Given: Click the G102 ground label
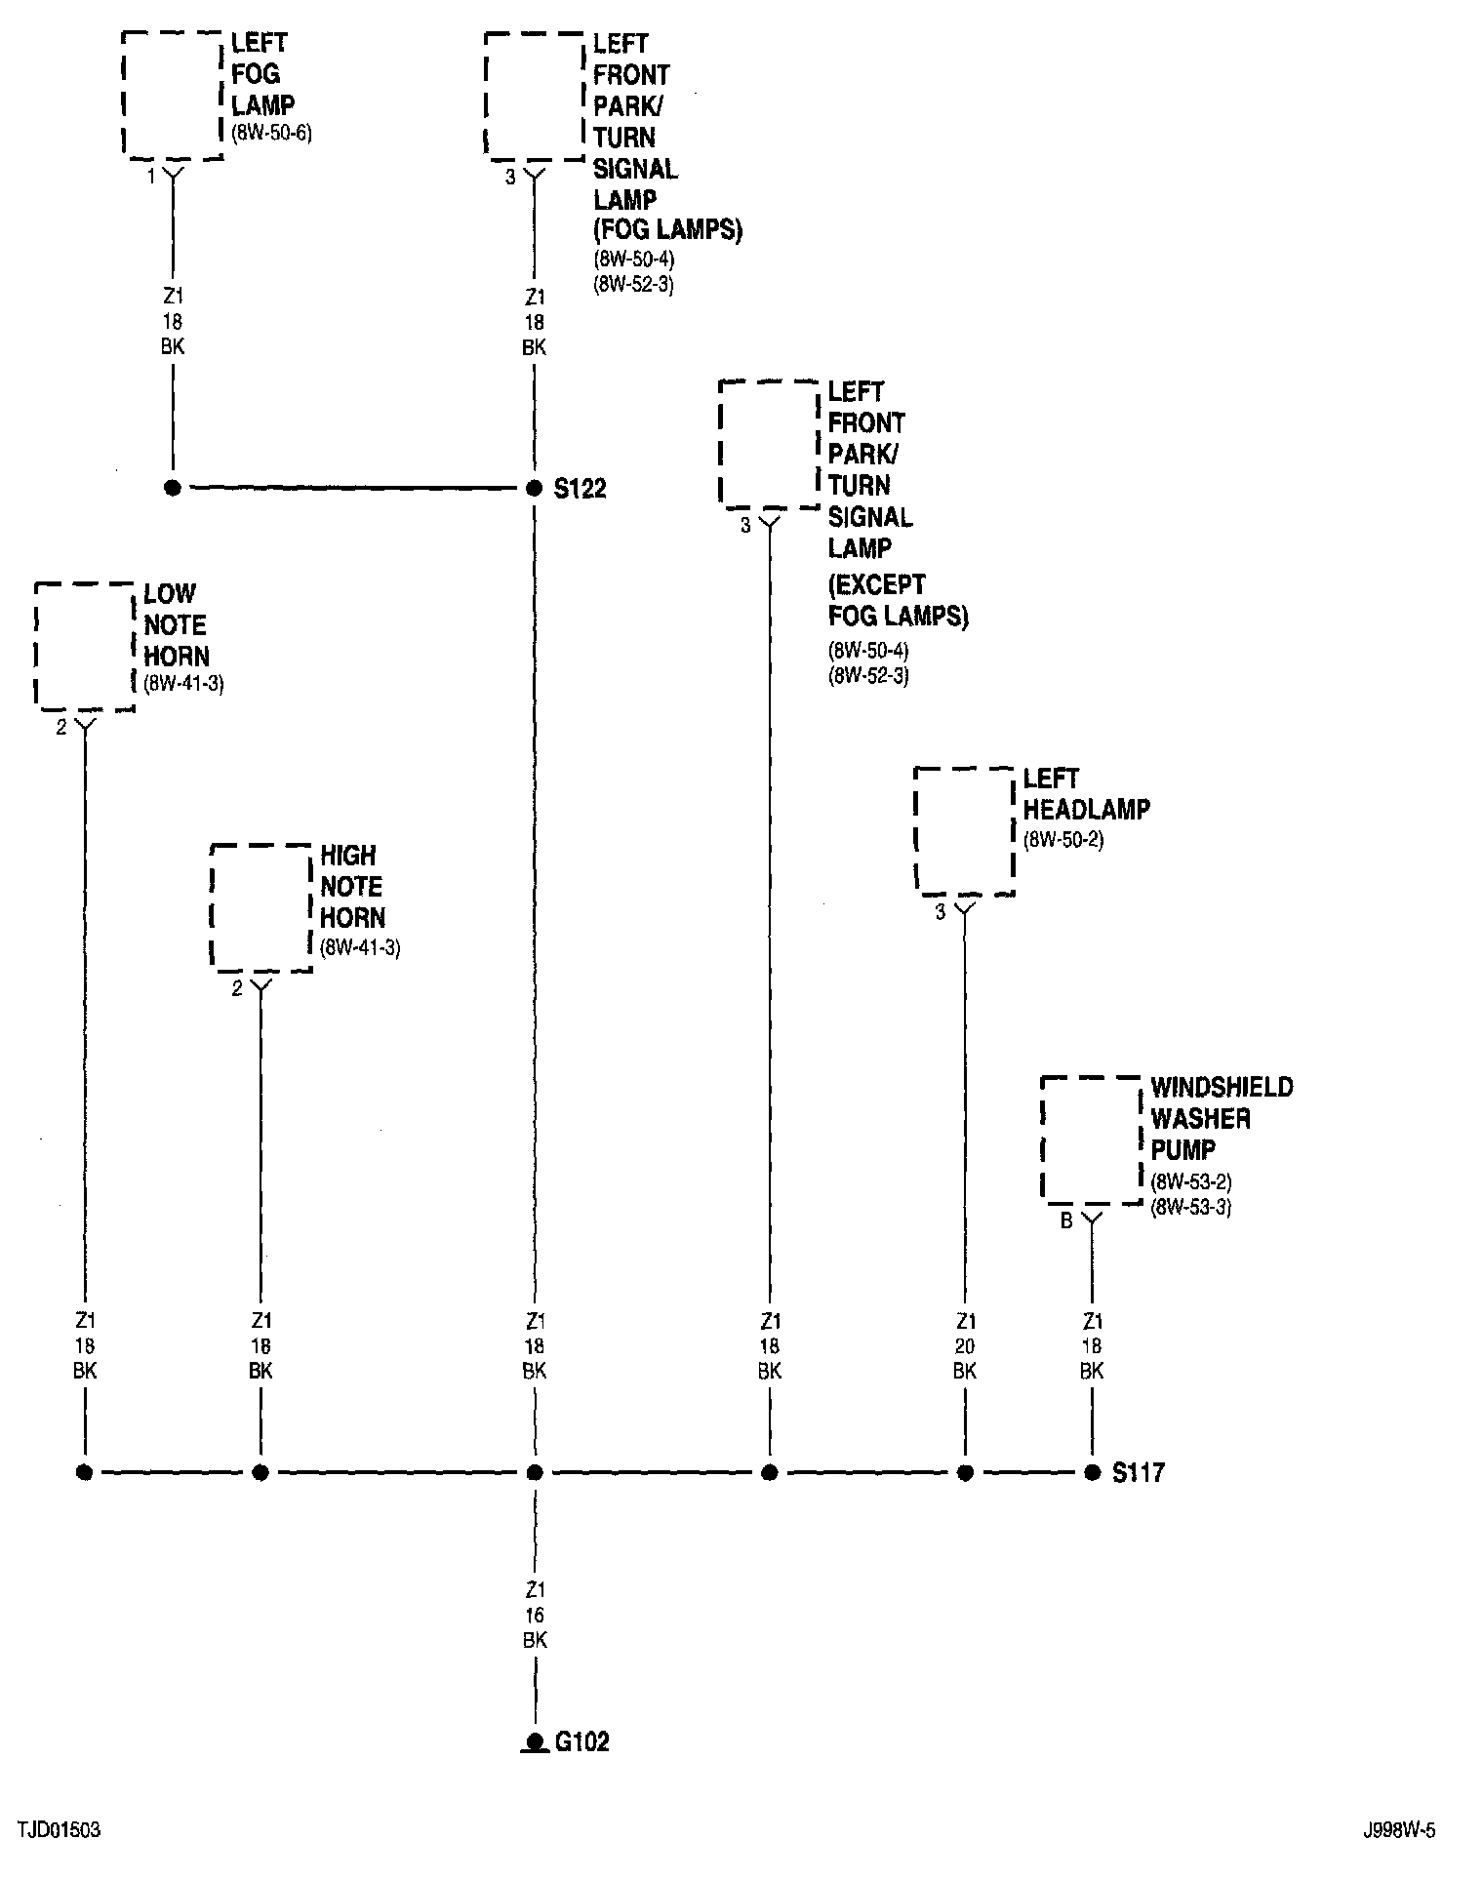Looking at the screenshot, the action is (582, 1742).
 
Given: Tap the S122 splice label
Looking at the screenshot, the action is (581, 489).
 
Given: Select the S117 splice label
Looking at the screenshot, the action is (1139, 1472).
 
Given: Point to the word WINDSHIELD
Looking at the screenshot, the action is (1222, 1088).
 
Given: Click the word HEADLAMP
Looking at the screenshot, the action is (1087, 809).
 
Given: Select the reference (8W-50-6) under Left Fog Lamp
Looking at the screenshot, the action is (271, 133).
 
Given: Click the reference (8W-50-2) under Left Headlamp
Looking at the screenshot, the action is (1063, 839).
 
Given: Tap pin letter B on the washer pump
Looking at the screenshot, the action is (1066, 1221).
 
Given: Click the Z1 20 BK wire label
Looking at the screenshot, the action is (965, 1346).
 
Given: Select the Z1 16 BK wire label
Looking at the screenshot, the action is (535, 1616).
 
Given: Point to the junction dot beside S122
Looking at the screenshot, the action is (534, 488).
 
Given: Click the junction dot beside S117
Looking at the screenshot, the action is (1092, 1472).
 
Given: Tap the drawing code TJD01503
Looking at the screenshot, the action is (59, 1829).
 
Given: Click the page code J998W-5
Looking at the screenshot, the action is (1400, 1830).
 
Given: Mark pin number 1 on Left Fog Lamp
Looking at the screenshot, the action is (150, 177).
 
